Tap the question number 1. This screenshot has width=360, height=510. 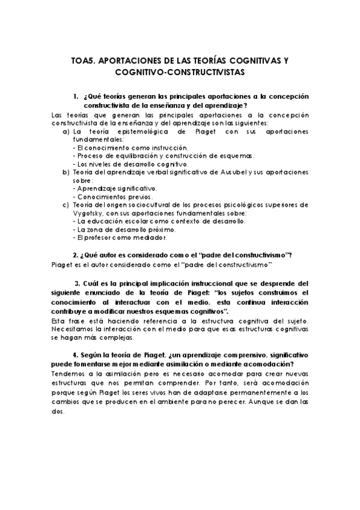click(x=76, y=96)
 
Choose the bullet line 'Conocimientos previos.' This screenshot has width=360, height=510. click(x=113, y=197)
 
